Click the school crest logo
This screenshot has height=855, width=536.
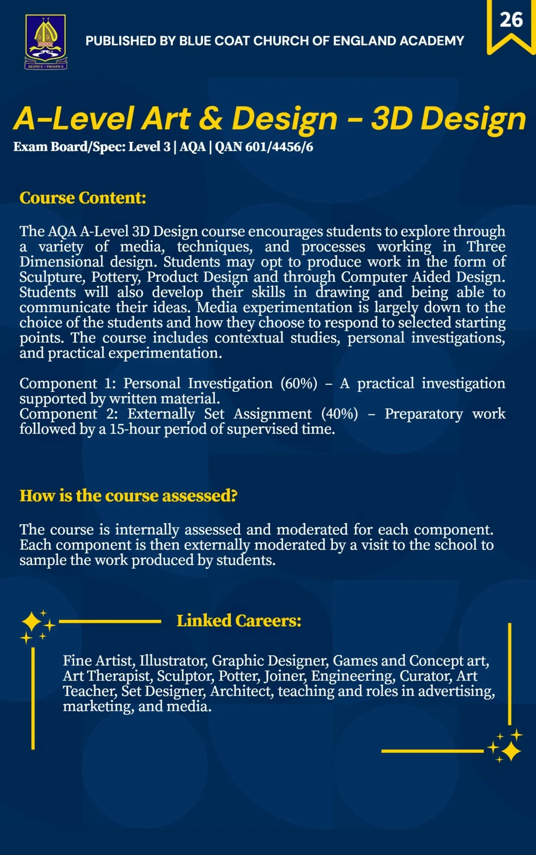tap(45, 41)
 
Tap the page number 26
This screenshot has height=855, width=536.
tap(511, 20)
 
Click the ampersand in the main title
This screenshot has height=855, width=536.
tap(210, 119)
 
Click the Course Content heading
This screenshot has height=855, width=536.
tap(83, 198)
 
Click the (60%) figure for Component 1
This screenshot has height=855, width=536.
tap(299, 383)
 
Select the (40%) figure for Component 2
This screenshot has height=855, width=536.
tap(340, 414)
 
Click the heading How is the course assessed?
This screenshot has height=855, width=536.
tap(128, 496)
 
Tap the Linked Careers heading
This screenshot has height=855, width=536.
tap(239, 621)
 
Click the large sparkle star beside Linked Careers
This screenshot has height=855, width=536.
tap(32, 622)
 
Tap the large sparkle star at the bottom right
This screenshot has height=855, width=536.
tap(511, 751)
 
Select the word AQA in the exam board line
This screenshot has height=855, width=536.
tap(192, 147)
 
